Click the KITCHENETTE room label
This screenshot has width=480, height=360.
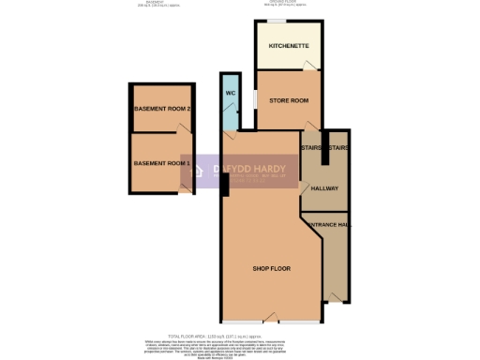point(289,46)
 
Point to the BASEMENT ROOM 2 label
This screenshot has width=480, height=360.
point(163,109)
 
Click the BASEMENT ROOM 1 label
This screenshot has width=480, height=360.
point(162,164)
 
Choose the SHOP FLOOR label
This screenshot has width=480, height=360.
point(272,269)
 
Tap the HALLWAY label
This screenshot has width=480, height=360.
point(324,187)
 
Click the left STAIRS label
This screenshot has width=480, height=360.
point(311,148)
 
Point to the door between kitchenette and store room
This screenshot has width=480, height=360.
point(309,67)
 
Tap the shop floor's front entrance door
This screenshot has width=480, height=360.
point(272,316)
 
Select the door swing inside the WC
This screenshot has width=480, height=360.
point(226,121)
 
